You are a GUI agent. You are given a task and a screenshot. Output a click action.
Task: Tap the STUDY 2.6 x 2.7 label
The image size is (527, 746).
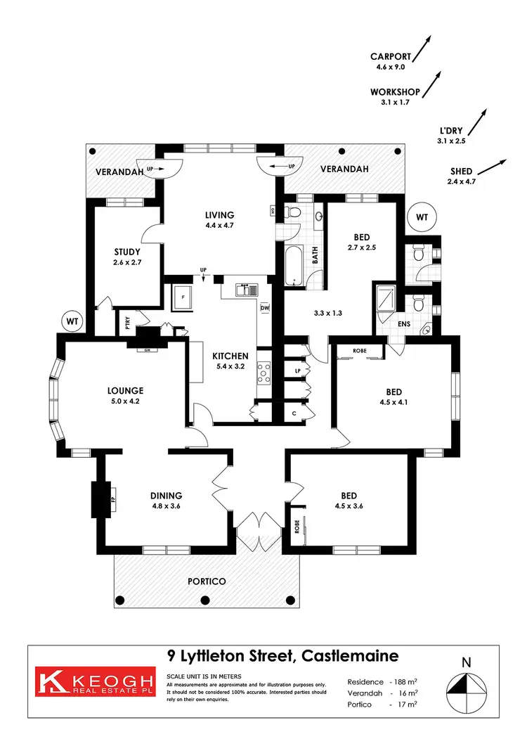pos(127,257)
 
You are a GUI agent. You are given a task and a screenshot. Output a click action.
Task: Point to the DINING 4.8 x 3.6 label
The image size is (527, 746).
pos(165,500)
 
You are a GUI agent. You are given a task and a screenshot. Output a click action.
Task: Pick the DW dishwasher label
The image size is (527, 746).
pos(265,308)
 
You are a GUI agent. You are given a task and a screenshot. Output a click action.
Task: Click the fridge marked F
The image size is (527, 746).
pos(183,297)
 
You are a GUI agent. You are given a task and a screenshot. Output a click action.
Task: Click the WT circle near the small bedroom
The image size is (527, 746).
pos(422,217)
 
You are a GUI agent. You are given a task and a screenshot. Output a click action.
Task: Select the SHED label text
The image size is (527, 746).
pos(462,172)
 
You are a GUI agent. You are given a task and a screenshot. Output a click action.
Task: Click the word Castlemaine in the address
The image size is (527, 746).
pos(349,656)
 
